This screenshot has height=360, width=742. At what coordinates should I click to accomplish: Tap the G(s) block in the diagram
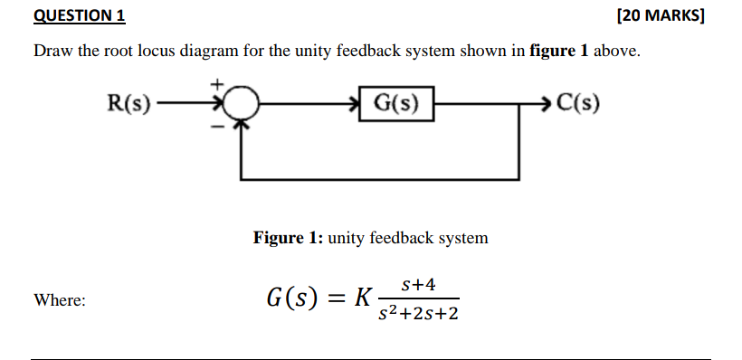tap(395, 103)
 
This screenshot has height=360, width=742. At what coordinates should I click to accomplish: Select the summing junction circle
tap(241, 104)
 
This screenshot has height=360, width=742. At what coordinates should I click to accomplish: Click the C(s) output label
tap(577, 103)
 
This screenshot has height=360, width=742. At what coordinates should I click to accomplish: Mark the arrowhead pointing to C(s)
tap(544, 103)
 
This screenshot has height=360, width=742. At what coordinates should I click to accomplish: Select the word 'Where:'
tap(60, 300)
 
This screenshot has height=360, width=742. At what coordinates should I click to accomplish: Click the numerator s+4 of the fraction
tap(418, 284)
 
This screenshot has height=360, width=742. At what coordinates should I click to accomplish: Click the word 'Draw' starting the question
tap(53, 52)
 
